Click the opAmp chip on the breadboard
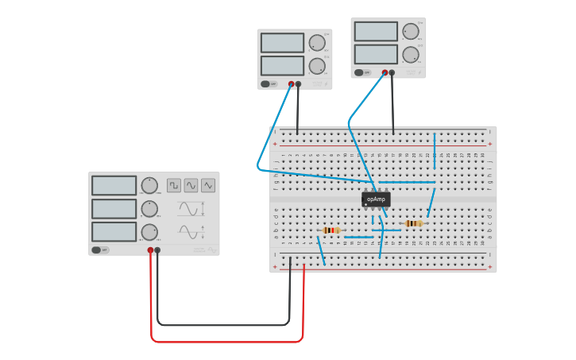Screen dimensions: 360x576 pyautogui.click(x=376, y=199)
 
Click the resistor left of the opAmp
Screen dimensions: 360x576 pyautogui.click(x=331, y=230)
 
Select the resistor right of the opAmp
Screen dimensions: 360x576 pyautogui.click(x=413, y=223)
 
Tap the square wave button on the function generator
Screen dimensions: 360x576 pyautogui.click(x=173, y=185)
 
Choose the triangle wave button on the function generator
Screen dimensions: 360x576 pyautogui.click(x=208, y=185)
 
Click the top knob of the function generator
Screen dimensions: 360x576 pyautogui.click(x=149, y=185)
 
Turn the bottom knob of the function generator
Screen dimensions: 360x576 pyautogui.click(x=149, y=232)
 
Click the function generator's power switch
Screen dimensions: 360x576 pyautogui.click(x=97, y=250)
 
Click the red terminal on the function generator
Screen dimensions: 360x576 pyautogui.click(x=150, y=250)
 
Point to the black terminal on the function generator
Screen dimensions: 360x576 pyautogui.click(x=157, y=250)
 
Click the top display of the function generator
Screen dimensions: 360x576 pyautogui.click(x=114, y=185)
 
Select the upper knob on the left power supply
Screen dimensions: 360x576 pyautogui.click(x=316, y=43)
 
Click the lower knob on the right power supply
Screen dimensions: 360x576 pyautogui.click(x=410, y=55)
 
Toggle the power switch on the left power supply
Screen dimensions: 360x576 pyautogui.click(x=266, y=83)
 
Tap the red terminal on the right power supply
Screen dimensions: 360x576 pyautogui.click(x=385, y=72)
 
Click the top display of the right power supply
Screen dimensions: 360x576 pyautogui.click(x=376, y=32)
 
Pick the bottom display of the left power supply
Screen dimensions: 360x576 pyautogui.click(x=282, y=65)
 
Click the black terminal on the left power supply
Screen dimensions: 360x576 pyautogui.click(x=298, y=83)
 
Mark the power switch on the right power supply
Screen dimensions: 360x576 pyautogui.click(x=359, y=72)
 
